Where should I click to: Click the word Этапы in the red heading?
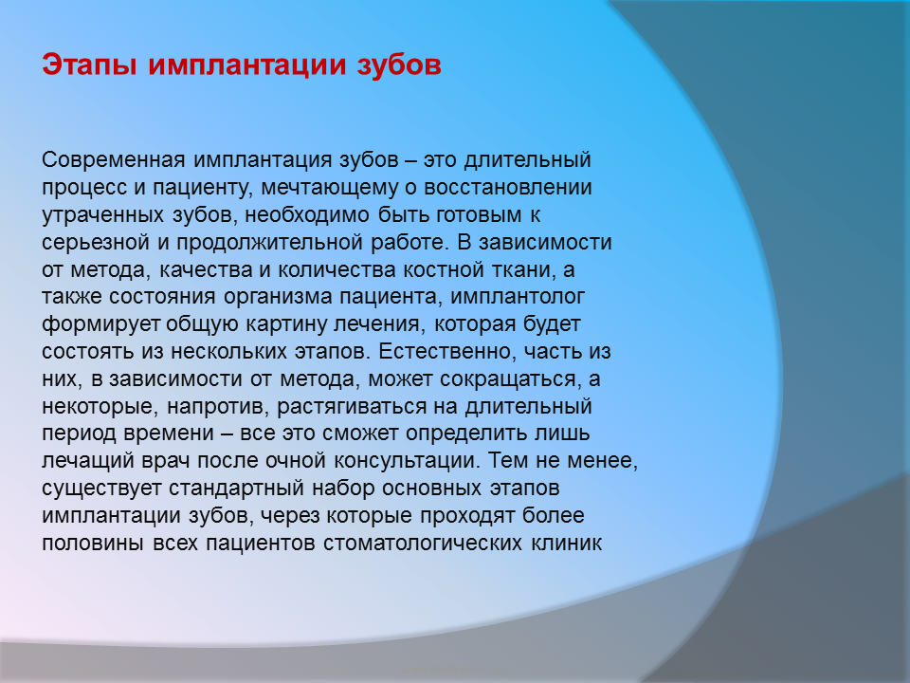click(x=89, y=65)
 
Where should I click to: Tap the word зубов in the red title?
click(x=399, y=65)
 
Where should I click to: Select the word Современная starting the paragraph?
click(x=113, y=159)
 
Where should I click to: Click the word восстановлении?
click(x=508, y=187)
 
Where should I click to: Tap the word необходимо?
click(x=306, y=215)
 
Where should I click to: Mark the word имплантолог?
click(x=518, y=297)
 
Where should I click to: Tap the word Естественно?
click(x=446, y=351)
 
